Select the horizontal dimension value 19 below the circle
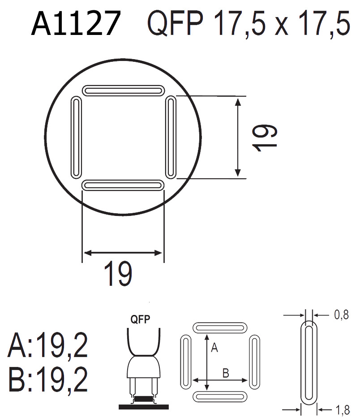(x=118, y=274)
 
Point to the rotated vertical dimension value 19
(x=265, y=138)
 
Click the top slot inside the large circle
(x=123, y=90)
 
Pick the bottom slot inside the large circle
(x=123, y=185)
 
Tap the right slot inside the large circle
(x=170, y=138)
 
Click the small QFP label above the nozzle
(x=140, y=319)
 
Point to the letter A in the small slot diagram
(x=214, y=348)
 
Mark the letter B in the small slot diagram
(x=226, y=373)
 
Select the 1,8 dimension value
(x=341, y=409)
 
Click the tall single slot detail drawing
(x=308, y=363)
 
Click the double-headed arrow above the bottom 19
(x=123, y=253)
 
